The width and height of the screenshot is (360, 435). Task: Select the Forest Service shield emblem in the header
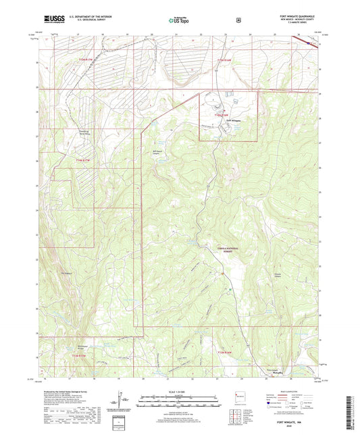(x=238, y=20)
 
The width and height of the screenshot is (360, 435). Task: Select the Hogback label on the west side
(x=66, y=272)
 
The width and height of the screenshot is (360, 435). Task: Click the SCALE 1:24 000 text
(x=180, y=392)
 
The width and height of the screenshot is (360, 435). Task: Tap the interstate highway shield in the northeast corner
(x=310, y=43)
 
